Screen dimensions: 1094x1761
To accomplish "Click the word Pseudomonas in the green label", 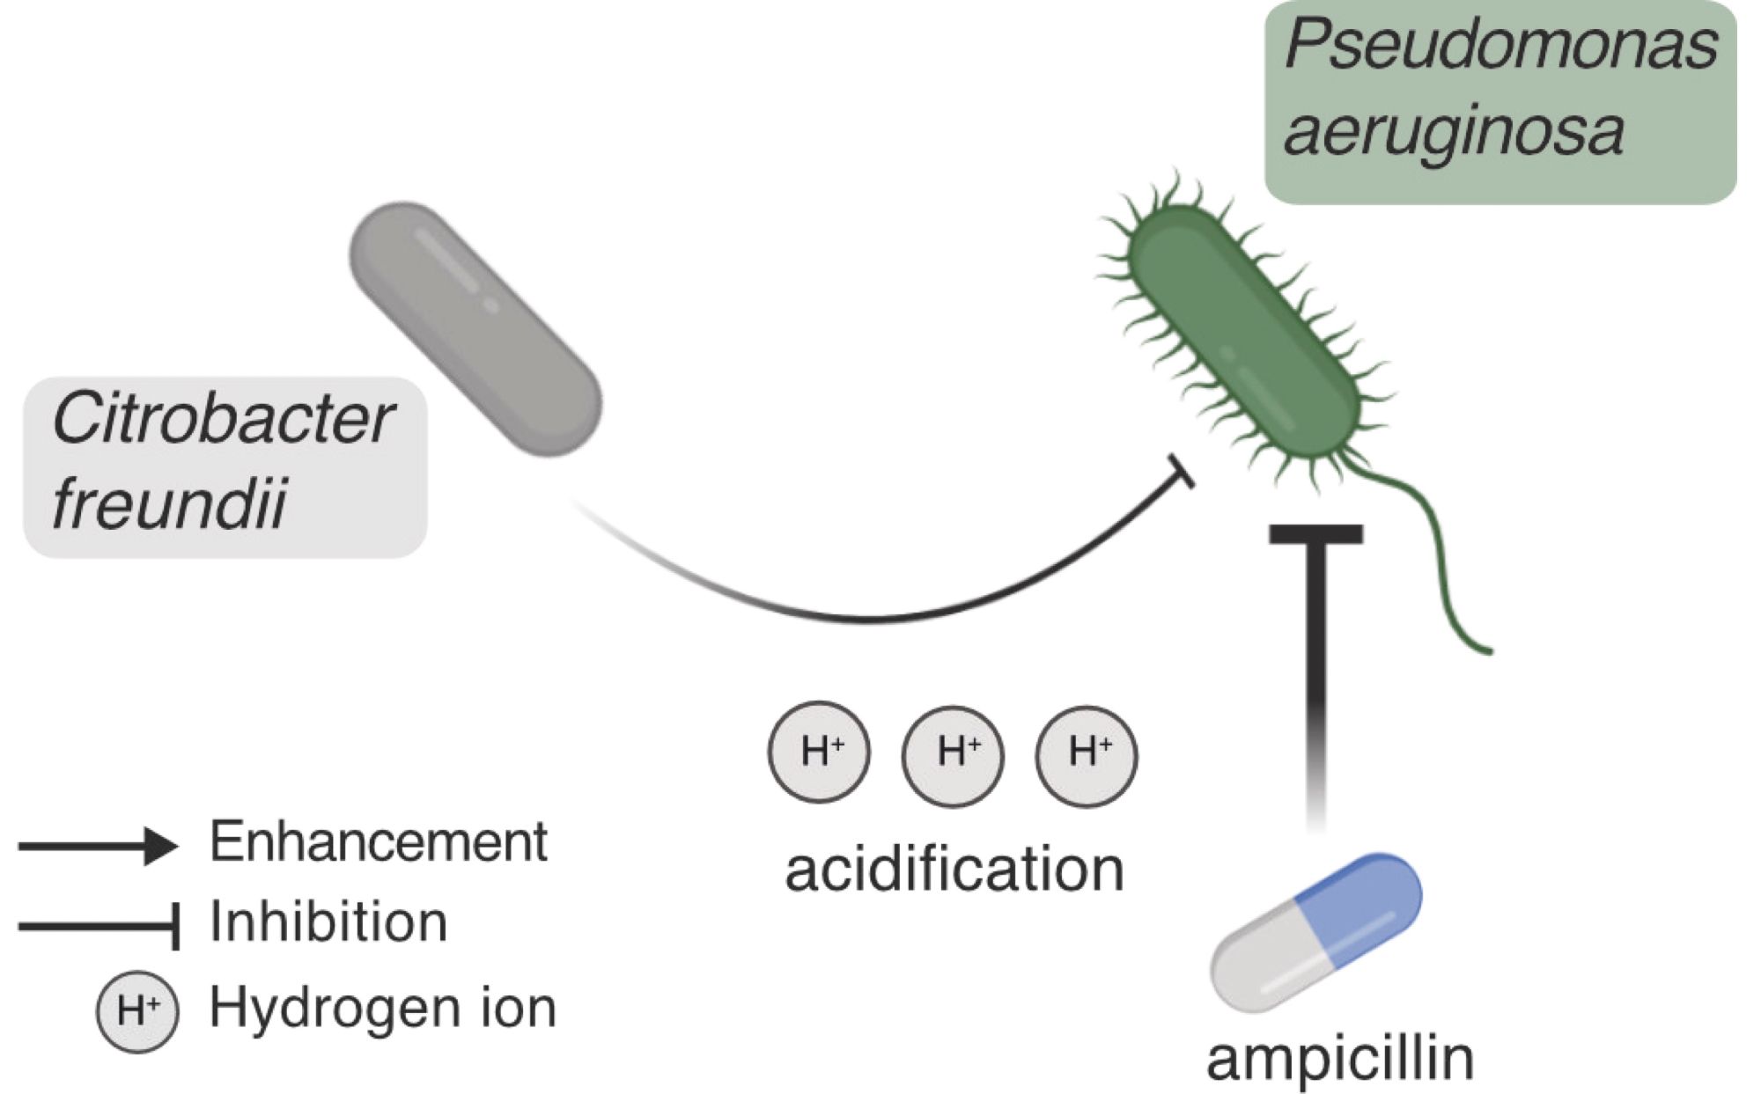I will (1500, 46).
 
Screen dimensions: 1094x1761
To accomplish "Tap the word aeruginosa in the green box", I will (1453, 132).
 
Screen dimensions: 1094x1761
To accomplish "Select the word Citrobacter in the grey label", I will (223, 419).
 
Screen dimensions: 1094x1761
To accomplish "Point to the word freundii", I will (169, 503).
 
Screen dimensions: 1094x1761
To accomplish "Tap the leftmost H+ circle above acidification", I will (820, 752).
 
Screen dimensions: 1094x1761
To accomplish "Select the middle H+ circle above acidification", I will (954, 755).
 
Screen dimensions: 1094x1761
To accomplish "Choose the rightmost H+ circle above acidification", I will (1087, 755).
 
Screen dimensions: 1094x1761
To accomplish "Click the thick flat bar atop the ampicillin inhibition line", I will (1316, 533).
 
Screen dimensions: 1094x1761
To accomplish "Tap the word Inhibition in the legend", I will (328, 922).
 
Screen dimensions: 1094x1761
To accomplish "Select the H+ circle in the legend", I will (137, 1010).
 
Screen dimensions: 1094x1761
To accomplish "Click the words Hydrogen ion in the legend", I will (383, 1008).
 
